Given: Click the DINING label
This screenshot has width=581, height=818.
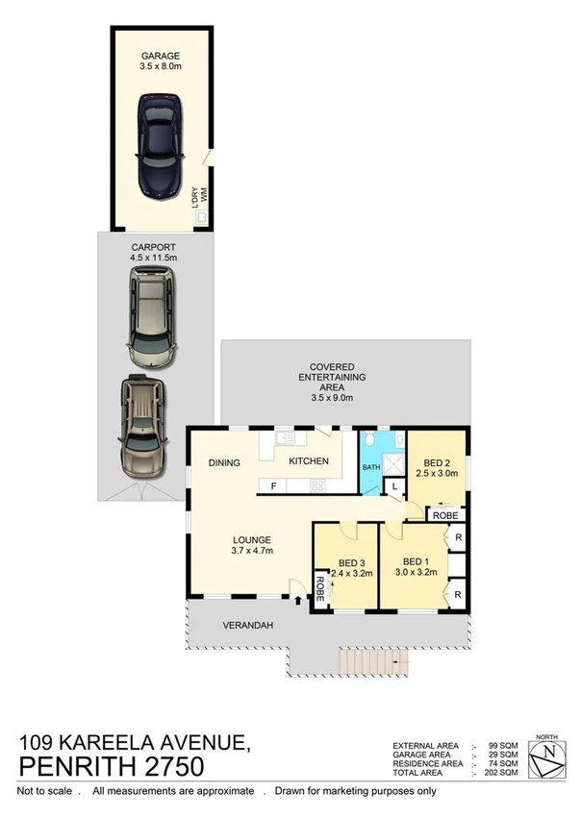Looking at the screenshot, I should [x=223, y=462].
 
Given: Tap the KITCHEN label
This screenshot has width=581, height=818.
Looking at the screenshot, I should [x=309, y=461].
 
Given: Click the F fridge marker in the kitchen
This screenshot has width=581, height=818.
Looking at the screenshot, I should [x=274, y=486].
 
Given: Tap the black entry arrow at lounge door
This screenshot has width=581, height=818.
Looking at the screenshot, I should [x=297, y=600].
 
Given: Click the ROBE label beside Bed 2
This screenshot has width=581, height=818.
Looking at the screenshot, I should [x=444, y=516].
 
